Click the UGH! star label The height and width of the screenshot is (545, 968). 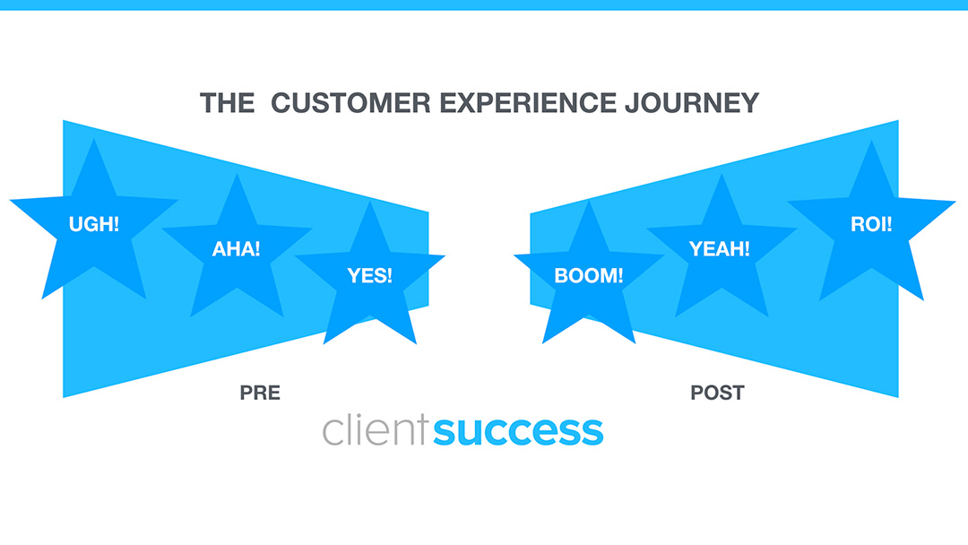[x=93, y=224]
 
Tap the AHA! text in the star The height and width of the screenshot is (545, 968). [x=236, y=249]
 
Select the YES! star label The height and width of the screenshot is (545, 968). [x=370, y=275]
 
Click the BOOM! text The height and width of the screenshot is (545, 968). [x=588, y=276]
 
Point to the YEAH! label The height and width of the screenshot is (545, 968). [x=720, y=249]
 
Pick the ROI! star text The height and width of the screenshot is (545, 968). [x=871, y=224]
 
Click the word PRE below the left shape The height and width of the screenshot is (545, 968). [x=260, y=393]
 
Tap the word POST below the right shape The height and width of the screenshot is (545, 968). [x=717, y=393]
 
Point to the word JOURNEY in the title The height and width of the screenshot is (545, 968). [x=692, y=103]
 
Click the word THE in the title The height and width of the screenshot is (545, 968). [x=227, y=103]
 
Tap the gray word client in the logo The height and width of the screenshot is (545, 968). [x=375, y=431]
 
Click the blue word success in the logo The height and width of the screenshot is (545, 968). [x=518, y=431]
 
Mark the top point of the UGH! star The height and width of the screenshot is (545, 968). [x=94, y=138]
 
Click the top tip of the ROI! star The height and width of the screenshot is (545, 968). [x=871, y=140]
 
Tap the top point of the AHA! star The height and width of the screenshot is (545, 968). [x=237, y=173]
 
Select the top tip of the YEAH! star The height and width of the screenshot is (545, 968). [x=722, y=173]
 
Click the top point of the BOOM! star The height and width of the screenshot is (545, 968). [x=589, y=201]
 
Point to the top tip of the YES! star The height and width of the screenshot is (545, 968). [x=370, y=201]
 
